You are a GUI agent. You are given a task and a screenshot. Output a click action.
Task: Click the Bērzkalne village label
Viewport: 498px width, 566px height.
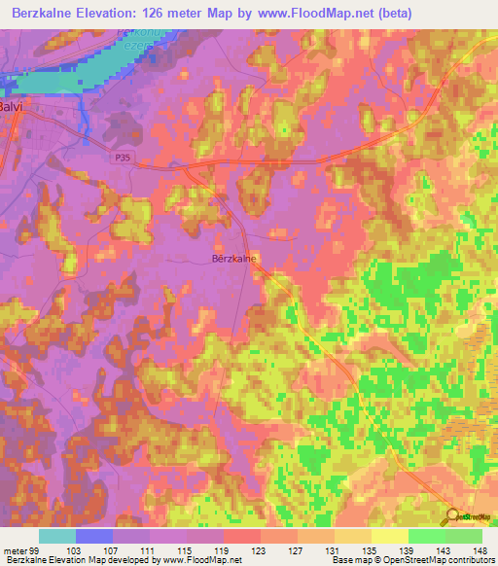click(x=233, y=260)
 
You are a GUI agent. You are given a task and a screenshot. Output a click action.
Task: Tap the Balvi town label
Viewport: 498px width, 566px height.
click(x=11, y=108)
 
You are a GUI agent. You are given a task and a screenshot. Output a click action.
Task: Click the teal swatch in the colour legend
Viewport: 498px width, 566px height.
click(x=57, y=536)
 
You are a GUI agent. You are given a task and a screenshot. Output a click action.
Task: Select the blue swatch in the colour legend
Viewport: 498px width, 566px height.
click(x=94, y=536)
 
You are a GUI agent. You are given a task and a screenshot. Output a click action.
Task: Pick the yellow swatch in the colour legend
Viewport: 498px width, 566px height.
click(x=390, y=536)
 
